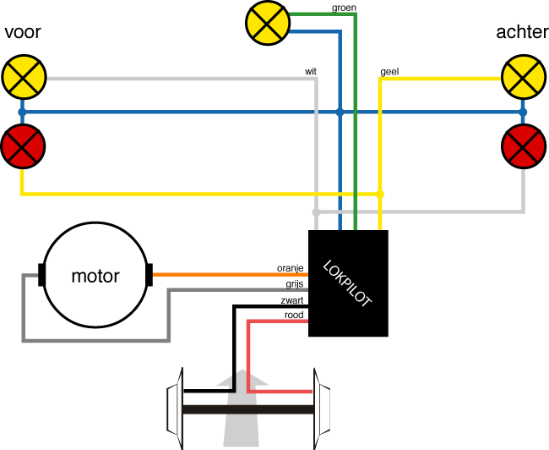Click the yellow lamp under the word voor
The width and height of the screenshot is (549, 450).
[x=22, y=77]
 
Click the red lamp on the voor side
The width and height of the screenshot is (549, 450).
[x=22, y=145]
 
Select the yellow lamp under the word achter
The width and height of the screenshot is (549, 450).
[x=523, y=77]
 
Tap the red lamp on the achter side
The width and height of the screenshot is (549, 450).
[x=523, y=145]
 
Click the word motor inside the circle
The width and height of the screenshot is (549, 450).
[x=95, y=276]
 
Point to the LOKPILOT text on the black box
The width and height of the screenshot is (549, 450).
[x=347, y=283]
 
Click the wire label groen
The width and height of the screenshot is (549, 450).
[x=345, y=7]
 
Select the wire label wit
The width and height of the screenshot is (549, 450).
[x=311, y=72]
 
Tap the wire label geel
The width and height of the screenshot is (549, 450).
[x=390, y=72]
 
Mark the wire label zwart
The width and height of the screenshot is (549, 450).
[x=292, y=300]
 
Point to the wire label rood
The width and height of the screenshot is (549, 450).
[x=294, y=316]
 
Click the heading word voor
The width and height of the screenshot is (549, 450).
[x=23, y=33]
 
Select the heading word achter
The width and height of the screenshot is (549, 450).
[x=522, y=33]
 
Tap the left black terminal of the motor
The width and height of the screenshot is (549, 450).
[x=41, y=275]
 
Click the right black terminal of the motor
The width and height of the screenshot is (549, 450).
[x=149, y=275]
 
